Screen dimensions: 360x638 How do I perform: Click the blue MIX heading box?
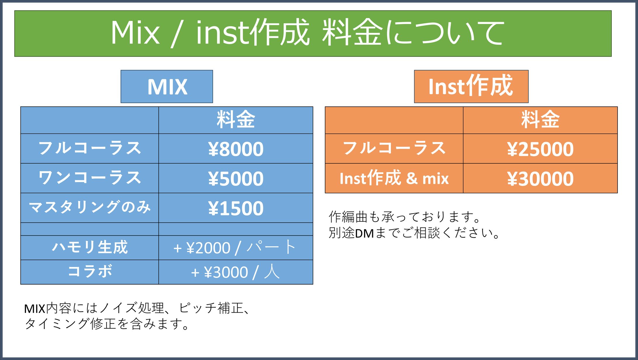167,86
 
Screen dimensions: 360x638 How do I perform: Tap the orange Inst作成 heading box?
471,86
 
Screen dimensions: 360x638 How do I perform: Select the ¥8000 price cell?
236,149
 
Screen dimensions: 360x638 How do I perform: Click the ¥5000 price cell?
236,179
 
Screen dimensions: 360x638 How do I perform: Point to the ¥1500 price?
236,208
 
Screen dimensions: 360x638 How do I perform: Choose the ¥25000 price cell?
540,149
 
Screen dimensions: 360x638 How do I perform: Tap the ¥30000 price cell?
540,179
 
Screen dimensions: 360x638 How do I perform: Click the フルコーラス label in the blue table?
90,148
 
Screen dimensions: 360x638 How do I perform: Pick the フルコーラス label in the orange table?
394,148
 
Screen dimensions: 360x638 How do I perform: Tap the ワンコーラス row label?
90,178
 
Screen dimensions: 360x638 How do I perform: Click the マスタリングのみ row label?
90,207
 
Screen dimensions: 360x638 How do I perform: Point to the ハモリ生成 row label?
90,247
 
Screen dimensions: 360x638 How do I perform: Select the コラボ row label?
90,271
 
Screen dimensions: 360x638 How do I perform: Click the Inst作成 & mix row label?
394,178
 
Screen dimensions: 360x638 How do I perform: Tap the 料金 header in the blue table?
236,120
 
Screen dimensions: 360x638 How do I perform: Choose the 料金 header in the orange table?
540,120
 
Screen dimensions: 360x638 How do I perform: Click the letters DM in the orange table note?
364,233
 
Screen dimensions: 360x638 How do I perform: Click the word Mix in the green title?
135,33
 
